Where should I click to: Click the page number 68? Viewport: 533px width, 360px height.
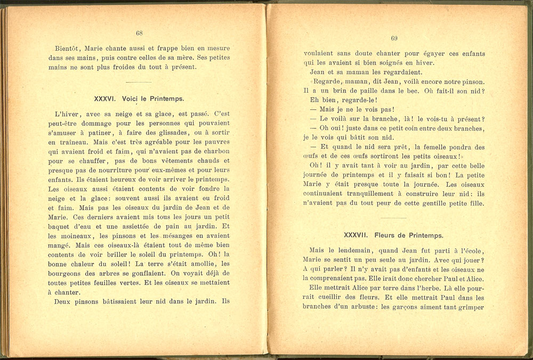139,33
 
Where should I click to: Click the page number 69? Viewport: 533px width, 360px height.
394,38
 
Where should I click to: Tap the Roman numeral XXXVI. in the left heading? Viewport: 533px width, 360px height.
106,99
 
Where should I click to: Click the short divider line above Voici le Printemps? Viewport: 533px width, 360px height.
138,82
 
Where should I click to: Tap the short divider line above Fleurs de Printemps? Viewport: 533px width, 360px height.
394,218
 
